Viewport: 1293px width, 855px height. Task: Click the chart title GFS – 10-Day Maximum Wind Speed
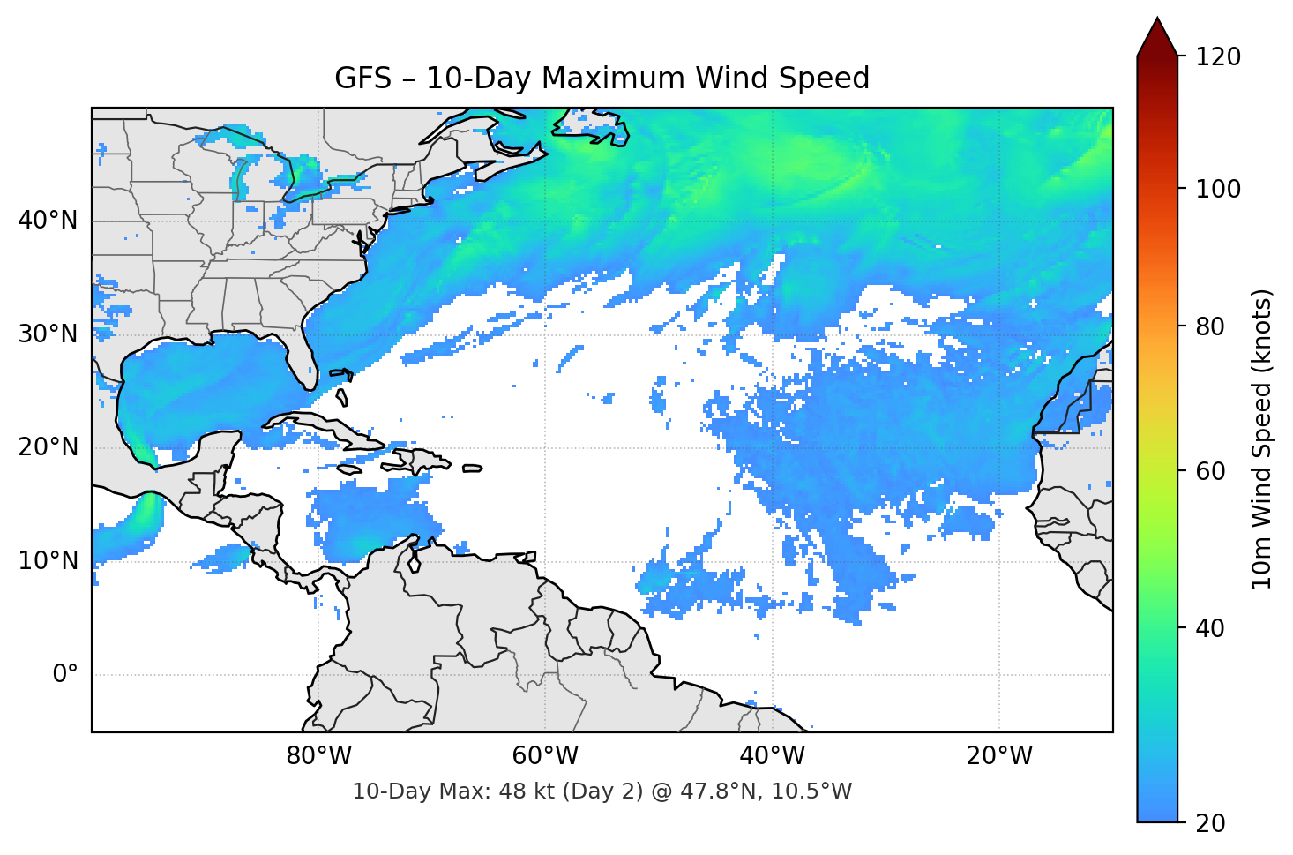tap(602, 79)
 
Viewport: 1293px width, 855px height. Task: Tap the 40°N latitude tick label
tap(48, 221)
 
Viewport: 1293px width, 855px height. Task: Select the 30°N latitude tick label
tap(48, 334)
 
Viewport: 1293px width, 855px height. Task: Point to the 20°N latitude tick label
tap(48, 447)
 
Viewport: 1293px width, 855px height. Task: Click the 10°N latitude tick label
tap(48, 561)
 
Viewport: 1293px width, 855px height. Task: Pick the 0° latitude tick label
tap(65, 675)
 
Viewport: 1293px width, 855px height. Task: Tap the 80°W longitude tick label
tap(318, 756)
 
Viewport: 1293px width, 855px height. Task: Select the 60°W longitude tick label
tap(545, 756)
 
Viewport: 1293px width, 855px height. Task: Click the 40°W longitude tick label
tap(773, 756)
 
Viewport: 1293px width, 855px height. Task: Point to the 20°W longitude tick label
tap(999, 756)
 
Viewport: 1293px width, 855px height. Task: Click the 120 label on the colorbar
tap(1218, 57)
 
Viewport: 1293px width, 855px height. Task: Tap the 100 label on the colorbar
tap(1218, 189)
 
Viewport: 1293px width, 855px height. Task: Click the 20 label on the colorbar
tap(1210, 823)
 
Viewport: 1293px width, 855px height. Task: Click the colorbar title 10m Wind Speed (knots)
tap(1262, 439)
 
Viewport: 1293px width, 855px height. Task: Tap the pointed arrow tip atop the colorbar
tap(1157, 21)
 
